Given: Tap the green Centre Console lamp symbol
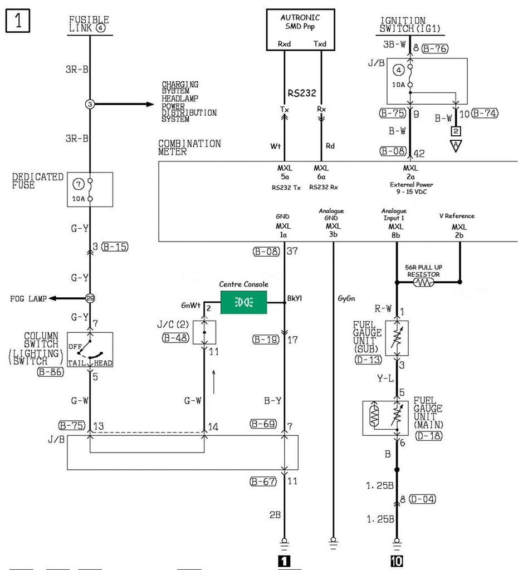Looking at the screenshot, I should point(244,302).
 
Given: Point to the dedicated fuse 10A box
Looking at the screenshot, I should point(90,189).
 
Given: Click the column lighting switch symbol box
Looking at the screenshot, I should point(90,350).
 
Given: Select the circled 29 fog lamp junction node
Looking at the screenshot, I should point(90,298).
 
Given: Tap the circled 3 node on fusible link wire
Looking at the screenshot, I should point(90,104).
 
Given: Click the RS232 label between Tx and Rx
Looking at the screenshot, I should point(301,93).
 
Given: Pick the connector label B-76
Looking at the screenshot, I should point(435,49).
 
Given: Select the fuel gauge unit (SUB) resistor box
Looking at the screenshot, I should point(397,338).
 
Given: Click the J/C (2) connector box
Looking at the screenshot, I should point(204,332).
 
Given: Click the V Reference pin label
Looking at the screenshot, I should point(459,215).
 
